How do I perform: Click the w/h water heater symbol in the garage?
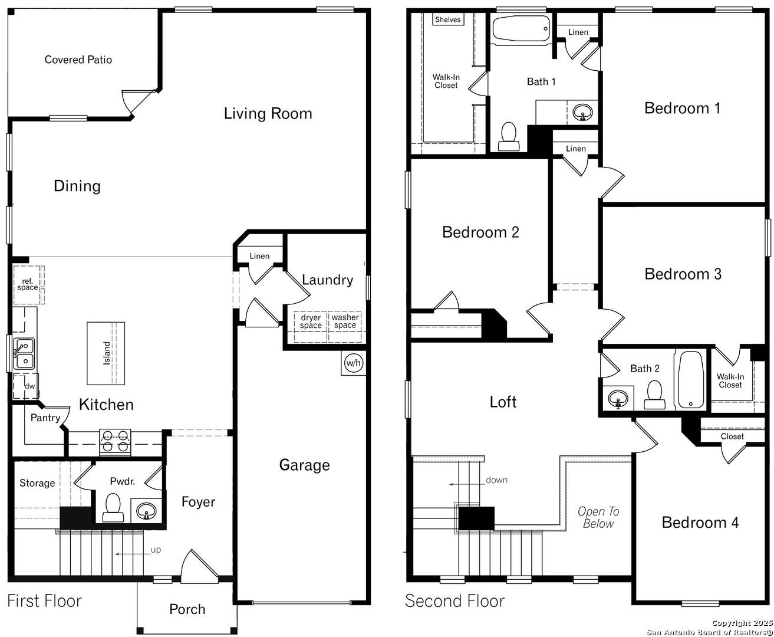coord(353,363)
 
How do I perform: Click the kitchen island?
coord(106,353)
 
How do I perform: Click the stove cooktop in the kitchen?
coord(115,442)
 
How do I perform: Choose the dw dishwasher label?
coord(29,386)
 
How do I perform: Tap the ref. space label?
coord(28,284)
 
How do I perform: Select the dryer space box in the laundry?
coord(311,321)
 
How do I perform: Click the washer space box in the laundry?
coord(345,321)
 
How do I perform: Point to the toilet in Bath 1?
coord(508,137)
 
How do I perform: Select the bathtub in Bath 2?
coord(690,380)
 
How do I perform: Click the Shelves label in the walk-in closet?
coord(447,19)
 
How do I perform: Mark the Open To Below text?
coord(598,517)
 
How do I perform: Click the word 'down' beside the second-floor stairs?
coord(496,480)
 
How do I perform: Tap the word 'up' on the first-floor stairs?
coord(156,550)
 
